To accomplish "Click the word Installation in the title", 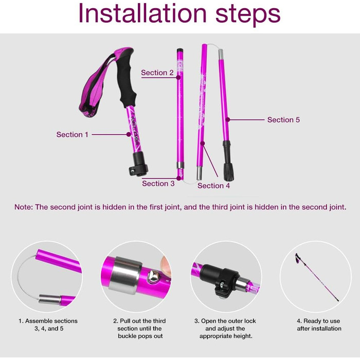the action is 142,13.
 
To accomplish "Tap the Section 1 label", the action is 73,135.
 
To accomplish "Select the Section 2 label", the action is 157,73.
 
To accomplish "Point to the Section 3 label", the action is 158,184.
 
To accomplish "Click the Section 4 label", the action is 213,186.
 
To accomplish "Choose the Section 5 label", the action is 283,120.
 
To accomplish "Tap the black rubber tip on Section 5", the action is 228,160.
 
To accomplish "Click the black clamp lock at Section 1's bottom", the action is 138,164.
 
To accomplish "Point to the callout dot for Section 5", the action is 228,120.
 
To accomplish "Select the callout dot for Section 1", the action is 129,135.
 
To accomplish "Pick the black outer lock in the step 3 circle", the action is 219,279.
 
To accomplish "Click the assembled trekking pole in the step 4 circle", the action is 317,277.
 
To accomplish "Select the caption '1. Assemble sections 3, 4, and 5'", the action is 48,325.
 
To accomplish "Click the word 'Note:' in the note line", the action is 24,207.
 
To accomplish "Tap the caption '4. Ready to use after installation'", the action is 319,325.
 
